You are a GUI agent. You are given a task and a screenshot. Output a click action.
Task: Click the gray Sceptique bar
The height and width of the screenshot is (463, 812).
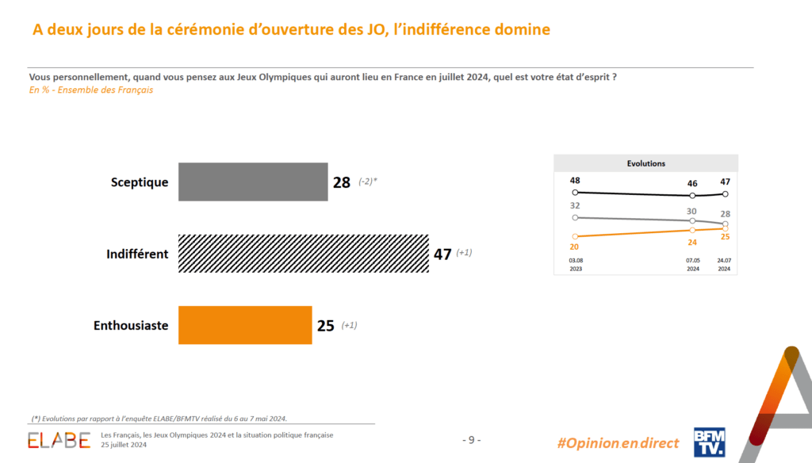pos(253,182)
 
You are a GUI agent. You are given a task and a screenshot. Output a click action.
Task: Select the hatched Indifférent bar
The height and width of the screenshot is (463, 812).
pos(304,254)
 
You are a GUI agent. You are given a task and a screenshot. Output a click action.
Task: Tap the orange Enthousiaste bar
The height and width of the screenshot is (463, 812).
pos(245,325)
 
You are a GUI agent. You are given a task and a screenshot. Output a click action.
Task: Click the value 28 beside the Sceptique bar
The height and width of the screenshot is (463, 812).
pos(342,182)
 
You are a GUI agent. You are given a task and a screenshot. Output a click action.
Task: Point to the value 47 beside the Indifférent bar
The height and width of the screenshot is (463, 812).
pos(442,254)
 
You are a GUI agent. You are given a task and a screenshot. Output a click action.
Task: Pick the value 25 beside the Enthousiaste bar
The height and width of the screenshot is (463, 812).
pos(325,326)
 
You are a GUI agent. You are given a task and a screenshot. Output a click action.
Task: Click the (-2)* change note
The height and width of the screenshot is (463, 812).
pos(367,182)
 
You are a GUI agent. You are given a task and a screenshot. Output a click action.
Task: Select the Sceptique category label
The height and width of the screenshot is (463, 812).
pos(140,182)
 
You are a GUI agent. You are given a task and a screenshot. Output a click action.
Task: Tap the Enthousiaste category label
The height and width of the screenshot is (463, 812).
pos(131,326)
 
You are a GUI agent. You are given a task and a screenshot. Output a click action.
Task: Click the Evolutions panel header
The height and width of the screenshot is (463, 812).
pos(645,163)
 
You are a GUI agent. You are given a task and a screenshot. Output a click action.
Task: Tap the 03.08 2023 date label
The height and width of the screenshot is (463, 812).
pos(576,264)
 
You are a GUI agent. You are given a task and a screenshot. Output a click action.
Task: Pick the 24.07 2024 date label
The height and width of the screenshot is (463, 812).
pos(724,264)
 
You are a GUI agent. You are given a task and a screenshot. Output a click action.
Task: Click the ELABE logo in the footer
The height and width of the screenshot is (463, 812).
pos(59,440)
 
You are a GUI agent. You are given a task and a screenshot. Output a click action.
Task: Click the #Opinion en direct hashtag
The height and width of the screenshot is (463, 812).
pos(619,443)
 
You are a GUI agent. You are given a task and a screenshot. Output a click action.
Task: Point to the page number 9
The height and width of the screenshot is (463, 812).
pos(471,440)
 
